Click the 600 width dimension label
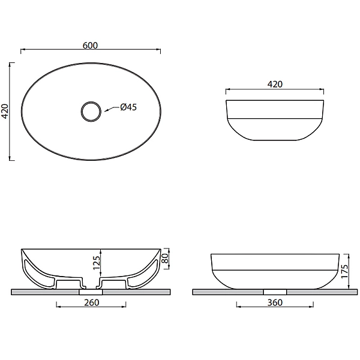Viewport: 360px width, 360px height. (x=90, y=46)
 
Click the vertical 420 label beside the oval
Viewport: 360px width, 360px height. (x=5, y=112)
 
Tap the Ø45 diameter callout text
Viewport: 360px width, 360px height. (x=128, y=107)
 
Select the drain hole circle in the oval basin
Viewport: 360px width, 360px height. (x=91, y=112)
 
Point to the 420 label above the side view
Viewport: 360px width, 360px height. (x=275, y=84)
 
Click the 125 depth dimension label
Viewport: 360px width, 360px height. (x=97, y=263)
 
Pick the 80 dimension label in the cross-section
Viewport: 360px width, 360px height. (x=165, y=258)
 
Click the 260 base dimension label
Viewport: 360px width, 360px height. (x=92, y=302)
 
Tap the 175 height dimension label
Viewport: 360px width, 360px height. (x=344, y=272)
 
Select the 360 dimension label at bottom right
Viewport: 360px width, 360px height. (x=275, y=302)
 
